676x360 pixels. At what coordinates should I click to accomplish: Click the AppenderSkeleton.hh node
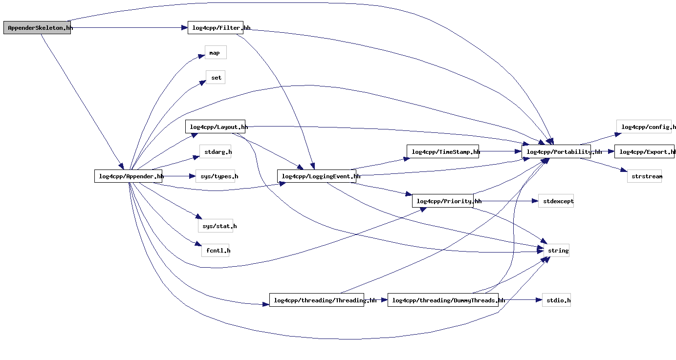coord(37,28)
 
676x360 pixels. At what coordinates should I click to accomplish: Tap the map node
coord(215,53)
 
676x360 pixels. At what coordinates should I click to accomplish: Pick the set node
coord(216,78)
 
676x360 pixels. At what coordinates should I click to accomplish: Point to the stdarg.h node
coord(215,152)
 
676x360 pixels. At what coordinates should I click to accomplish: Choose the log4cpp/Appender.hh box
coord(128,176)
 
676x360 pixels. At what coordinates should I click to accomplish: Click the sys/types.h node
coord(215,176)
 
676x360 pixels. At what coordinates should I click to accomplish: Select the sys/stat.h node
coord(216,226)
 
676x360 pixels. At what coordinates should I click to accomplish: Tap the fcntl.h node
coord(215,251)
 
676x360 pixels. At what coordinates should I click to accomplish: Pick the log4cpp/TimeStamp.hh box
coord(442,152)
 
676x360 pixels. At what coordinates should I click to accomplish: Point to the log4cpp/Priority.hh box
coord(442,201)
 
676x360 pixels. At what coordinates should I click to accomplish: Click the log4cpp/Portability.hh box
coord(556,152)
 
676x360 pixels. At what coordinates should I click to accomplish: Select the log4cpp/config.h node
coord(644,127)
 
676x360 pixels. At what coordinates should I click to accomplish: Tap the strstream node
coord(644,176)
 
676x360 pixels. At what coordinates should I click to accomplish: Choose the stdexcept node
coord(556,201)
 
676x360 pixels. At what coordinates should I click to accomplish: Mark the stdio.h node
coord(556,300)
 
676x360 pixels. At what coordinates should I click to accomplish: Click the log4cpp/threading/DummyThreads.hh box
coord(443,300)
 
